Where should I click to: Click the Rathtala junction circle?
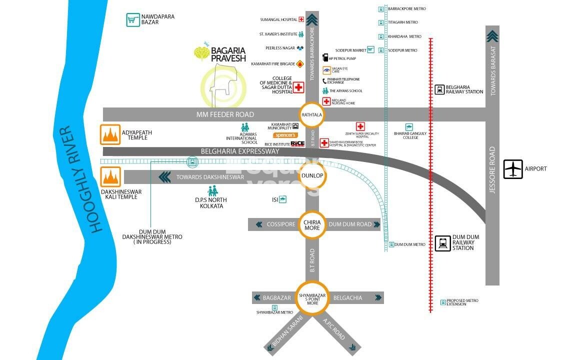pyautogui.click(x=311, y=114)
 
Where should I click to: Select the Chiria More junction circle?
pyautogui.click(x=312, y=224)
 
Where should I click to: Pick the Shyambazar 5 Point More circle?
pyautogui.click(x=312, y=298)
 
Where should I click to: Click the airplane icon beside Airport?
pyautogui.click(x=512, y=169)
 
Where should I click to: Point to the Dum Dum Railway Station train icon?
pyautogui.click(x=442, y=243)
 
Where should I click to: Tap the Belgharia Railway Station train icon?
pyautogui.click(x=439, y=89)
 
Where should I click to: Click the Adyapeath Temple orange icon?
pyautogui.click(x=110, y=134)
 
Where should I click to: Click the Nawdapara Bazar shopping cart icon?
pyautogui.click(x=132, y=20)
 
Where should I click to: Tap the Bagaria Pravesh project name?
pyautogui.click(x=228, y=54)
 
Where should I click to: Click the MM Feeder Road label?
pyautogui.click(x=225, y=114)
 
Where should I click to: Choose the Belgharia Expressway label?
pyautogui.click(x=240, y=151)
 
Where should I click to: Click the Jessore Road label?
pyautogui.click(x=492, y=170)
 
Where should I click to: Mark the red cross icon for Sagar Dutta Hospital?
pyautogui.click(x=298, y=88)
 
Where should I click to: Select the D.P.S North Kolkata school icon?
pyautogui.click(x=212, y=191)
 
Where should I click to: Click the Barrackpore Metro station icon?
pyautogui.click(x=381, y=9)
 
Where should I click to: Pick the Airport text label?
pyautogui.click(x=536, y=169)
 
